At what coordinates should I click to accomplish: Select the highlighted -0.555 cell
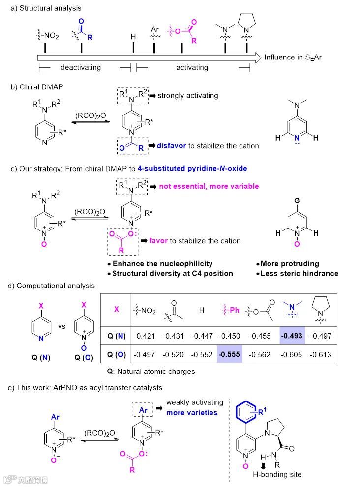[231, 353]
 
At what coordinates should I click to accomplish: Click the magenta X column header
[116, 309]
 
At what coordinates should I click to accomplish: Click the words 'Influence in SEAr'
[293, 57]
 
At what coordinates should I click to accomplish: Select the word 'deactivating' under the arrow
[80, 67]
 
